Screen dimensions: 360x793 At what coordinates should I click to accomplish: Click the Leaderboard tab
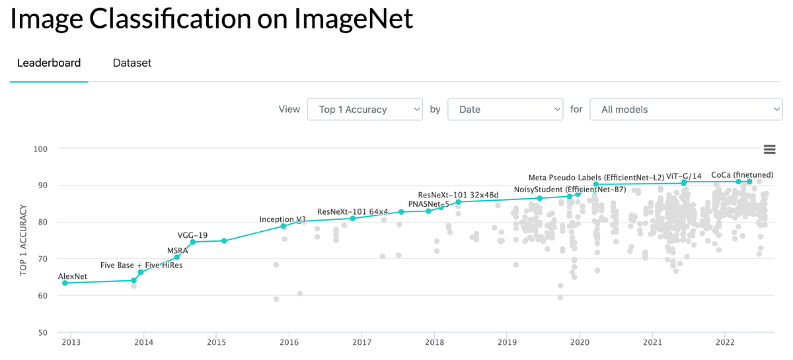pyautogui.click(x=49, y=63)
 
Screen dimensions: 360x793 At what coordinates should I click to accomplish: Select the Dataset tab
pyautogui.click(x=132, y=63)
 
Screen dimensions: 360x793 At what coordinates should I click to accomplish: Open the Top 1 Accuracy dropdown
pyautogui.click(x=364, y=110)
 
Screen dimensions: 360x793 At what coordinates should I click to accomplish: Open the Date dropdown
pyautogui.click(x=505, y=110)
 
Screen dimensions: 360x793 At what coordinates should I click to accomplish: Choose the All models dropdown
pyautogui.click(x=685, y=110)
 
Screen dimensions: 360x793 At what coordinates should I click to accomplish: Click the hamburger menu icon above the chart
pyautogui.click(x=769, y=149)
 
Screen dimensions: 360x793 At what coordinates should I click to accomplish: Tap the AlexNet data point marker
pyautogui.click(x=65, y=283)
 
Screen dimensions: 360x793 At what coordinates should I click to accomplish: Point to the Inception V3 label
pyautogui.click(x=282, y=219)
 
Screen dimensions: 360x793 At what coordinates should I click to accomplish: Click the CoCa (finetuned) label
pyautogui.click(x=737, y=175)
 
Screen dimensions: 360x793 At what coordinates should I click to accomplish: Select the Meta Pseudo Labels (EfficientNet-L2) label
pyautogui.click(x=596, y=178)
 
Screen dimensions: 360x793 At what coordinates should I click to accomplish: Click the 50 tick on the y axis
pyautogui.click(x=42, y=332)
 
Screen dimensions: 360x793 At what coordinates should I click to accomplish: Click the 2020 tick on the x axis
pyautogui.click(x=580, y=343)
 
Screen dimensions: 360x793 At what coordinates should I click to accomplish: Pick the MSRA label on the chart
pyautogui.click(x=177, y=250)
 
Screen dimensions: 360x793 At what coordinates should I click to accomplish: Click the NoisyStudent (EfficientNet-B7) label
pyautogui.click(x=570, y=190)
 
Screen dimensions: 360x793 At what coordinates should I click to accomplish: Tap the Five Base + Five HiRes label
pyautogui.click(x=141, y=266)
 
